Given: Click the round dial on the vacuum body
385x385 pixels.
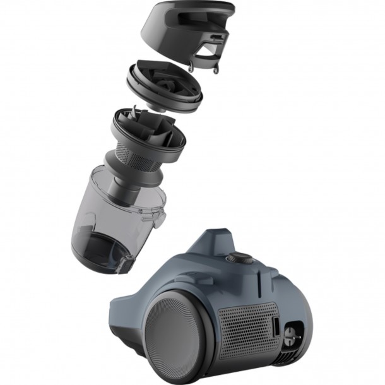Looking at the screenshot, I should (x=239, y=258).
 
